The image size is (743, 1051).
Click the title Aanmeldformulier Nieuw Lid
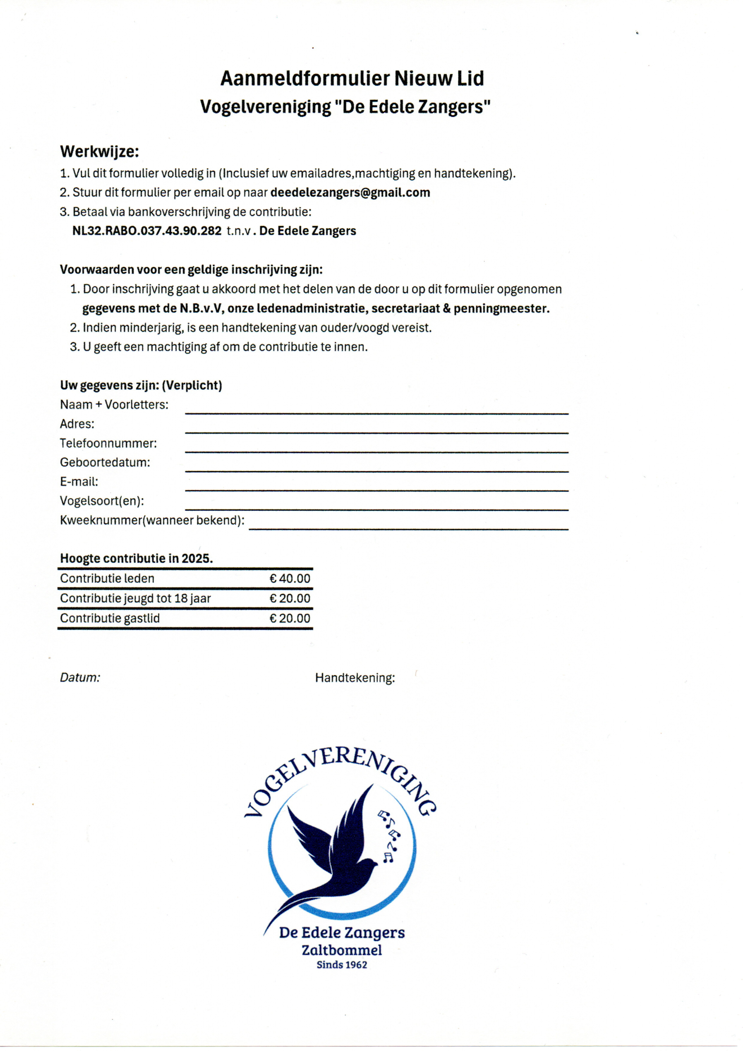(352, 78)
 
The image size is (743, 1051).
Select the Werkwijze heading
(99, 151)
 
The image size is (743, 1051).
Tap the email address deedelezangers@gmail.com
(350, 192)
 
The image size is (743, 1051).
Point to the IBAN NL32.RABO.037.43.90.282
(147, 231)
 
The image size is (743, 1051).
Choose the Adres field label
(77, 424)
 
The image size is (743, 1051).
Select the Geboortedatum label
(105, 462)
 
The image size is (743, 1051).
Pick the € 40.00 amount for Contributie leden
(290, 579)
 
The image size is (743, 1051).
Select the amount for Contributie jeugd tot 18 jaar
(290, 598)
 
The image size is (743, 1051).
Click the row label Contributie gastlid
(110, 619)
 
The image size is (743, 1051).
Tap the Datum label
(80, 677)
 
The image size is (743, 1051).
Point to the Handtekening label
(354, 678)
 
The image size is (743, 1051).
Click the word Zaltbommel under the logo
(342, 950)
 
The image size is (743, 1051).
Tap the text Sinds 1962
(342, 965)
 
